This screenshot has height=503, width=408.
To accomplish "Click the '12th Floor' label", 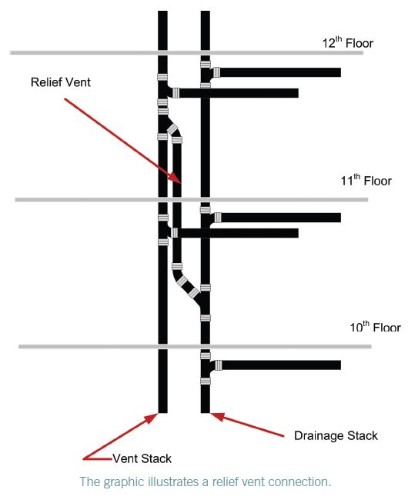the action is click(348, 42).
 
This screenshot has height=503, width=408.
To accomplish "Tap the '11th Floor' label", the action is click(366, 180).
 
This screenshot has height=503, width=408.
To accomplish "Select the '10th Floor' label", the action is click(375, 327).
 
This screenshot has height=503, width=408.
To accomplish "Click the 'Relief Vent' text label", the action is click(61, 82).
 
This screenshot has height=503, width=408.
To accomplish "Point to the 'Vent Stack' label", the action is click(142, 458).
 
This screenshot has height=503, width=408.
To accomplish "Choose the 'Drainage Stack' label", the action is click(336, 435).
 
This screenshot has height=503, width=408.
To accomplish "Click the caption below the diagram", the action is click(205, 481).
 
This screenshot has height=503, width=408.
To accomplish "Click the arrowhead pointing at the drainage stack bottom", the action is click(216, 416).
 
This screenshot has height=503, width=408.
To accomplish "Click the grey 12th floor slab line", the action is click(186, 52).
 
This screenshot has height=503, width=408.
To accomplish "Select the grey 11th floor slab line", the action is click(192, 199).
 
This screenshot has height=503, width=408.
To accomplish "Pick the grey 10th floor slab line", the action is click(195, 346).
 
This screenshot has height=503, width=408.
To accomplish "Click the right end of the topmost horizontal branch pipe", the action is click(340, 72).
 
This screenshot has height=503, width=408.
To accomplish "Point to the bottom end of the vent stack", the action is click(162, 412).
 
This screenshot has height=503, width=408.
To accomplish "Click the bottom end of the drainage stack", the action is click(206, 412).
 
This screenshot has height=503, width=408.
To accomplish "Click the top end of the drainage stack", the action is click(206, 12).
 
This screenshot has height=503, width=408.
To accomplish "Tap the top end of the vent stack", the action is click(162, 12).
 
